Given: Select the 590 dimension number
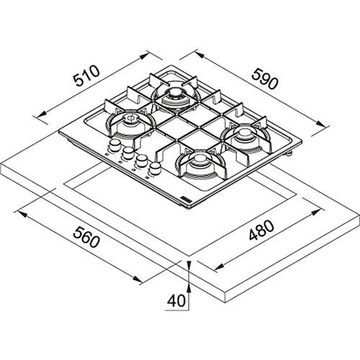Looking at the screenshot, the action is (265, 79).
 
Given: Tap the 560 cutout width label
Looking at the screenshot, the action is (86, 237).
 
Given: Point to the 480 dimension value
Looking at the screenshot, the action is (261, 230).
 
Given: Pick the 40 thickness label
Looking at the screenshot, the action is (176, 300).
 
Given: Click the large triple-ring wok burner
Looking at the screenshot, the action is (176, 96).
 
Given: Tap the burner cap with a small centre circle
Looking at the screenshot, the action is (132, 121).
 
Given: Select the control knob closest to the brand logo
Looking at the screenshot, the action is (155, 168).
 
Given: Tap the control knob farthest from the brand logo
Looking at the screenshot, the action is (114, 145).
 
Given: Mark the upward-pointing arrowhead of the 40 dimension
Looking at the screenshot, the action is (189, 288).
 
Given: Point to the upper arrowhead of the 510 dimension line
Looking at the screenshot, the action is (143, 57).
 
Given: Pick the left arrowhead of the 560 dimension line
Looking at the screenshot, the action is (21, 214).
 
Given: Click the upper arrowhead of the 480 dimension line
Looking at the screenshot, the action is (316, 212).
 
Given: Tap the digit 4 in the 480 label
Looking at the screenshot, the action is (254, 235).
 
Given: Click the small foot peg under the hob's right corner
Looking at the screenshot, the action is (290, 153).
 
